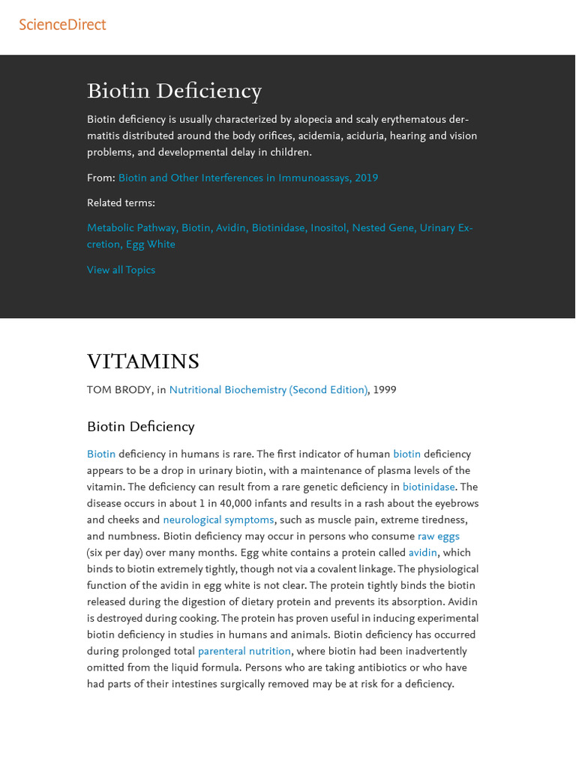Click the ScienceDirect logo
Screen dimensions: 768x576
pyautogui.click(x=62, y=25)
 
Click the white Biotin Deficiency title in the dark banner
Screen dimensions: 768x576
pyautogui.click(x=174, y=91)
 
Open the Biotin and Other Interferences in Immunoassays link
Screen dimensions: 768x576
pyautogui.click(x=247, y=178)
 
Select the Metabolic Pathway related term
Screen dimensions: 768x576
pyautogui.click(x=131, y=228)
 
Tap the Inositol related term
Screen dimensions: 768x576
pyautogui.click(x=328, y=228)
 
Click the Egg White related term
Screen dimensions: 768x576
pyautogui.click(x=150, y=244)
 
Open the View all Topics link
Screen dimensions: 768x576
pyautogui.click(x=121, y=270)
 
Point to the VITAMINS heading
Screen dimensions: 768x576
pyautogui.click(x=143, y=362)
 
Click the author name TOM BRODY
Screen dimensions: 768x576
pyautogui.click(x=118, y=390)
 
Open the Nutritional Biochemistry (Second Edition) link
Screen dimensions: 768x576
pyautogui.click(x=268, y=390)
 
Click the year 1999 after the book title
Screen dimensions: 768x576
pyautogui.click(x=384, y=390)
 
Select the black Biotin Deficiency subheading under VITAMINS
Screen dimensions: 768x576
pyautogui.click(x=140, y=427)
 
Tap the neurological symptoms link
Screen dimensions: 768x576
pyautogui.click(x=218, y=520)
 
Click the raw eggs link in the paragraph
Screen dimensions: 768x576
pyautogui.click(x=438, y=536)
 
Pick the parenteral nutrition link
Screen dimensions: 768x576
pyautogui.click(x=244, y=651)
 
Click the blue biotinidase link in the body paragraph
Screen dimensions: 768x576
pyautogui.click(x=428, y=487)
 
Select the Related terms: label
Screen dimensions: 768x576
pyautogui.click(x=121, y=202)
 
